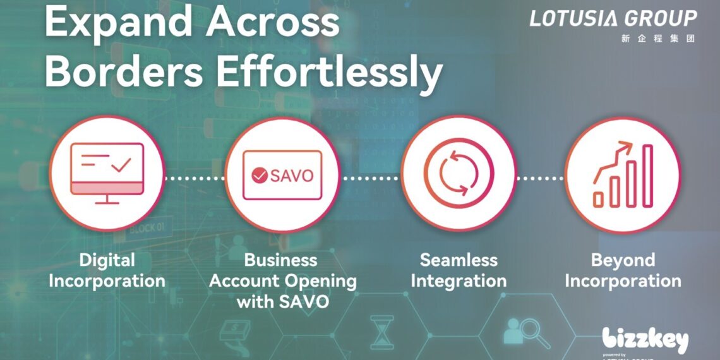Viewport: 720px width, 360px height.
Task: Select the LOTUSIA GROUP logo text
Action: click(613, 18)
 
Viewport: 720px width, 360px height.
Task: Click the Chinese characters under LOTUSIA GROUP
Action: click(657, 39)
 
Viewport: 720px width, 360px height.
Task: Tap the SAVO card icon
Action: click(282, 175)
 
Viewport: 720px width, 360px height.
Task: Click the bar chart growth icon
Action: click(623, 174)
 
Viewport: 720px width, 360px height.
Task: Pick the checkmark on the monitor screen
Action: click(121, 165)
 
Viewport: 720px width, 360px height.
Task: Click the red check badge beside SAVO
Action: click(259, 176)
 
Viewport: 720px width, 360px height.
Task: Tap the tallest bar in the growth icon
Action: click(647, 175)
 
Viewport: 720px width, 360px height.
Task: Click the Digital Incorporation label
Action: click(107, 270)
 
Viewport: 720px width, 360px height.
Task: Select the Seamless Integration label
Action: click(459, 270)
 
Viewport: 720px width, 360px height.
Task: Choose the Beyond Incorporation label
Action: click(623, 270)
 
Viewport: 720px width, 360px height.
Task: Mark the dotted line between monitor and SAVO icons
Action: click(195, 178)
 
